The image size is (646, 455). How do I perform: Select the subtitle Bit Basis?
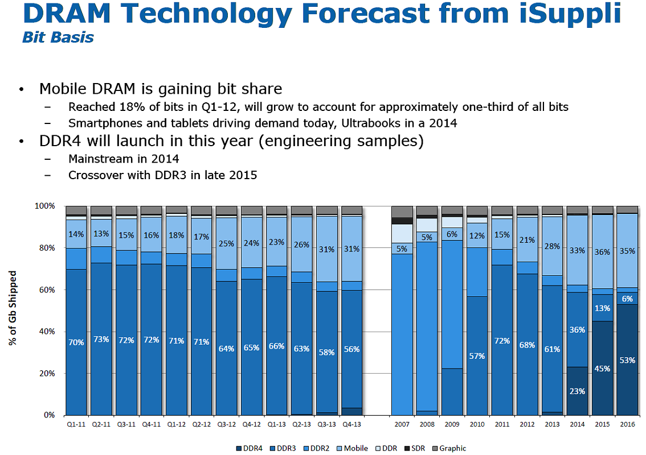click(x=58, y=38)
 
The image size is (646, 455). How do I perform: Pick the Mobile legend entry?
click(x=355, y=448)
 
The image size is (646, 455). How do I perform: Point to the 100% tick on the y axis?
click(x=45, y=206)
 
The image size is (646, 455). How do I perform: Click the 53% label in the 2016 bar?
click(x=627, y=360)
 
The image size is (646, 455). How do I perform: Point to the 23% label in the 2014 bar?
click(x=577, y=391)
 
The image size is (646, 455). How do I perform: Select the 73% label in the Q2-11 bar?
click(x=101, y=340)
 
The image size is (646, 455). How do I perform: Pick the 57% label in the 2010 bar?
click(x=477, y=356)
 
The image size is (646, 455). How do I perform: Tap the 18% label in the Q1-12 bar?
click(x=177, y=235)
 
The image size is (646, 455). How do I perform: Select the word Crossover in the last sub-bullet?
click(x=93, y=175)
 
